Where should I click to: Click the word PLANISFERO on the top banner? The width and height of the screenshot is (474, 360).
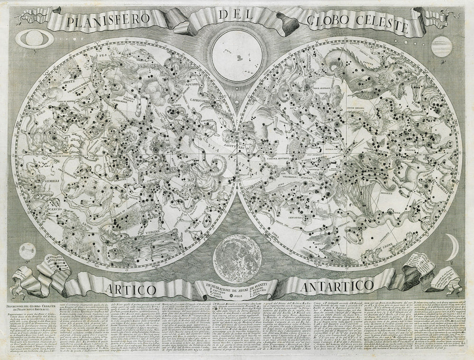click(x=109, y=22)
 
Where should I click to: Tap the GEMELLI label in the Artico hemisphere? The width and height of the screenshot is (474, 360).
click(x=36, y=180)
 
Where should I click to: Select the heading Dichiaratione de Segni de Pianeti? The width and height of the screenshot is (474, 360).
click(x=237, y=286)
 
